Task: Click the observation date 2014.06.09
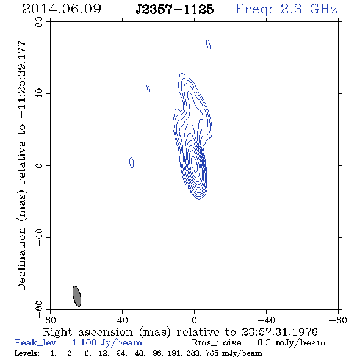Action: coord(62,9)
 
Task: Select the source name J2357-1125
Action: coord(175,9)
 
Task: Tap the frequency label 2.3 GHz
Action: coord(309,9)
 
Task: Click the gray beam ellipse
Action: coord(77,296)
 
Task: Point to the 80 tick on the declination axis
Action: coord(39,22)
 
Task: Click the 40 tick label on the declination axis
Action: coord(39,94)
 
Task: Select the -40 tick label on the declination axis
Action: coord(39,237)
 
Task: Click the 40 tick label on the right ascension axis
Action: coord(122,320)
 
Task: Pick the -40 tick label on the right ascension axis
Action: coord(266,320)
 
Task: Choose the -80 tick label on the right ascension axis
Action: coord(338,320)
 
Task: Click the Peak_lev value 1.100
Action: coord(84,342)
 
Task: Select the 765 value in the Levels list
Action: coord(212,353)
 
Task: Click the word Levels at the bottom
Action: coord(27,353)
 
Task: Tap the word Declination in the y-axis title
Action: coord(21,259)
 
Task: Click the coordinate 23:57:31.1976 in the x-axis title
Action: coord(279,332)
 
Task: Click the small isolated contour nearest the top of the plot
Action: coord(209,45)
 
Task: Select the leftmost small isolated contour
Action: coord(132,163)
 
